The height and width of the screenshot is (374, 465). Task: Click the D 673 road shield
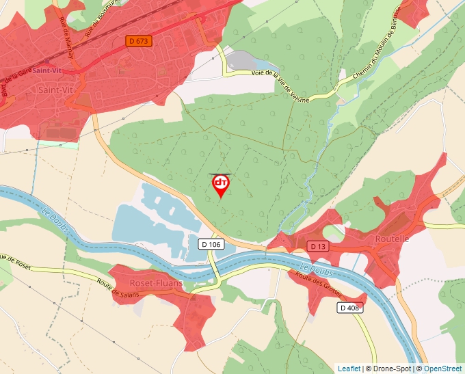(139, 41)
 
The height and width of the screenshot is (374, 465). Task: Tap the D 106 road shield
(212, 244)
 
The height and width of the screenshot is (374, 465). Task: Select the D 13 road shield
(317, 246)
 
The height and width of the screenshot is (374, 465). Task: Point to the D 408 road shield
(350, 308)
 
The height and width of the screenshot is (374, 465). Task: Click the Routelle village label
(392, 239)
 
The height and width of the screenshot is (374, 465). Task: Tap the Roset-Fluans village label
(155, 283)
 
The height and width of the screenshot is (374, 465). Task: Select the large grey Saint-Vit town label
(57, 90)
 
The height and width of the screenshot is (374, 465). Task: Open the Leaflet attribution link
(349, 369)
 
